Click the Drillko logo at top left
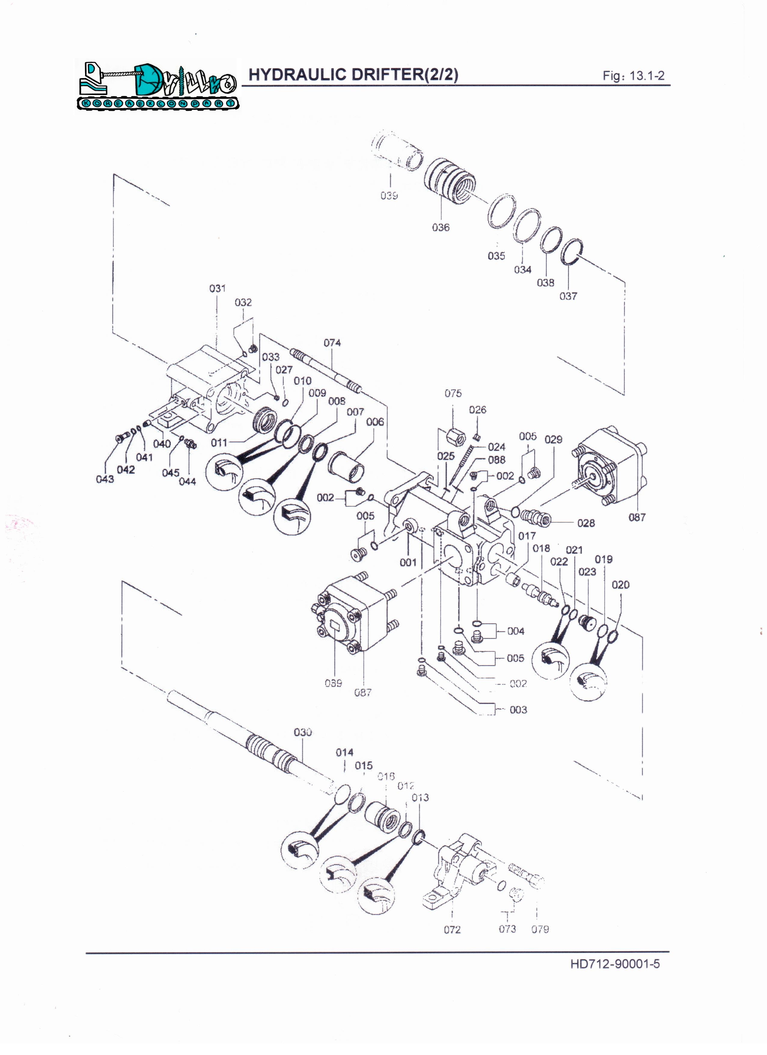[157, 86]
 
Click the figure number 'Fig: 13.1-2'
[634, 76]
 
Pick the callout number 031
[217, 289]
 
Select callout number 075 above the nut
[453, 393]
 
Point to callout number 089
[333, 683]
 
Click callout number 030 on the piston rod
[302, 732]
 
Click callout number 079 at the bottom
[540, 929]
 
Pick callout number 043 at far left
[105, 479]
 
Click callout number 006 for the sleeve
[375, 422]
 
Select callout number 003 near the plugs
[518, 710]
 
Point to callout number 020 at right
[621, 585]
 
